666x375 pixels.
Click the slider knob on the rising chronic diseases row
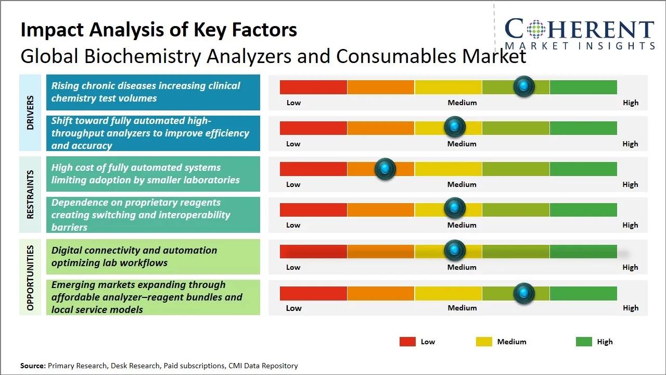tap(523, 86)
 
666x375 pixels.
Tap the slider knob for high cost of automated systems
tap(385, 168)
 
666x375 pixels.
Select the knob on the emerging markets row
tap(523, 293)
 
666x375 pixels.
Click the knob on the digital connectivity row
tap(455, 251)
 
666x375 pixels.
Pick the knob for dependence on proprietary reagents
tap(455, 208)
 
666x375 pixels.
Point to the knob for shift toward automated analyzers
tap(455, 127)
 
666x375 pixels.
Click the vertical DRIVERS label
tap(30, 113)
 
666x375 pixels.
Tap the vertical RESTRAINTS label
tap(30, 194)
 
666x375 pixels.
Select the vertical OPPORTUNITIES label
tap(30, 278)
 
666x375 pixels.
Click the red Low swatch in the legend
tap(407, 342)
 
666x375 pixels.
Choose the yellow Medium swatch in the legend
tap(484, 342)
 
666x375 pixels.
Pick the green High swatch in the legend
tap(584, 342)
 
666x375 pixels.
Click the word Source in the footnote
tap(32, 366)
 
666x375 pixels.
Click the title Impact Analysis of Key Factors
tap(159, 30)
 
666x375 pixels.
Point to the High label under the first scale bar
tap(630, 103)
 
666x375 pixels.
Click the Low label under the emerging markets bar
tap(293, 308)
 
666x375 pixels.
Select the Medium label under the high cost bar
tap(462, 184)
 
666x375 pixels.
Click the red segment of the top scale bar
tap(313, 87)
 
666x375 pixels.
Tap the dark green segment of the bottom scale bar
tap(583, 293)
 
